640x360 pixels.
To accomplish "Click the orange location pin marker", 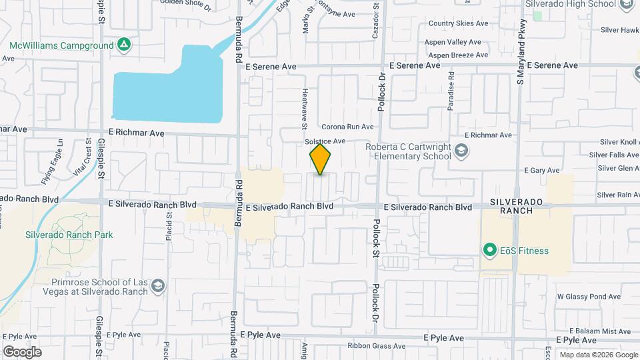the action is (x=320, y=159).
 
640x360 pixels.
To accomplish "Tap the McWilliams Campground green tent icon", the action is (x=123, y=45).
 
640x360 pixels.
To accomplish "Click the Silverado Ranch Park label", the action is (x=69, y=235).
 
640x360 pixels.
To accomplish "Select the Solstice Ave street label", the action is (x=325, y=141).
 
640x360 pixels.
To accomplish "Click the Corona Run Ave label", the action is (x=347, y=127).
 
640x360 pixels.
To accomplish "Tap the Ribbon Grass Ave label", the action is (x=377, y=346).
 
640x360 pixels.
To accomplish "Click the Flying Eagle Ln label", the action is (x=52, y=158).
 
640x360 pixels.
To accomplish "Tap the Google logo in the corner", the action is (x=23, y=351).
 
